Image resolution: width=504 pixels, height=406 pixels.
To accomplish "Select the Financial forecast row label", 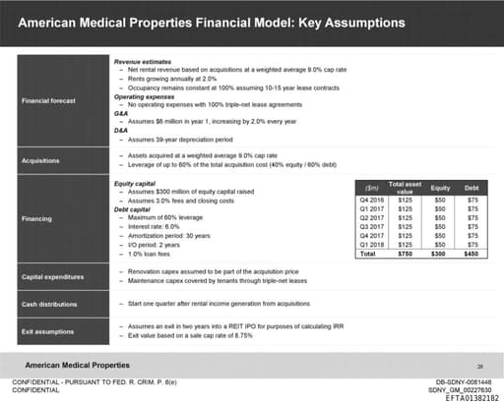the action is point(48,99).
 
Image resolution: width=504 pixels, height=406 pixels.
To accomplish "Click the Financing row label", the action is point(39,218).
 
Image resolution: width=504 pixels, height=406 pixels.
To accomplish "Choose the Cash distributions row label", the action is point(49,304).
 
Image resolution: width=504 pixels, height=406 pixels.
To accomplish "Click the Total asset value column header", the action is point(405,187).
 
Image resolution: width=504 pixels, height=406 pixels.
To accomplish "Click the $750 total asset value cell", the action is point(405,252).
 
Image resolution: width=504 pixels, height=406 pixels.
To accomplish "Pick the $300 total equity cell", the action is point(439,252).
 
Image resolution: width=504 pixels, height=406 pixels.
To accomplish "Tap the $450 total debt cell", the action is point(472,252).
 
